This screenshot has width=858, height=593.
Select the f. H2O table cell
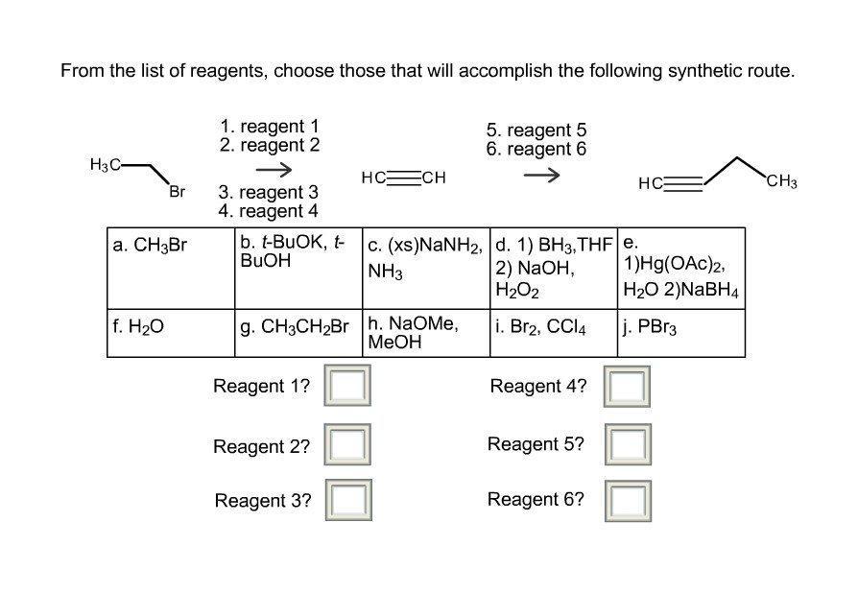[171, 332]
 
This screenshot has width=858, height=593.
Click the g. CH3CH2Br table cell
[298, 332]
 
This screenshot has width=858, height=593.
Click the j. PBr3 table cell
[681, 332]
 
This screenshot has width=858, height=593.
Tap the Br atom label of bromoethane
[177, 191]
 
